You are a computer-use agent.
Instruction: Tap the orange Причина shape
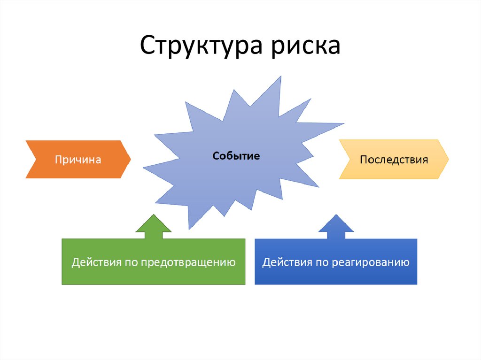tap(78, 160)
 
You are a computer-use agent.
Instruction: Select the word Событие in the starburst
tap(236, 156)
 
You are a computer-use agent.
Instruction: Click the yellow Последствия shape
tap(394, 160)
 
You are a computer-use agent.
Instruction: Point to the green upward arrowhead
tap(153, 224)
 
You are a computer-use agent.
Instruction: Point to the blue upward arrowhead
tap(336, 224)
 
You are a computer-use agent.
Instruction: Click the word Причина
tap(78, 160)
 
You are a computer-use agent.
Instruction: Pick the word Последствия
tap(394, 160)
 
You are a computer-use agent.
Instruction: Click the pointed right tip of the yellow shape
tap(448, 160)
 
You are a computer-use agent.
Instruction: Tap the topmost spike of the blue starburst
tap(280, 77)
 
